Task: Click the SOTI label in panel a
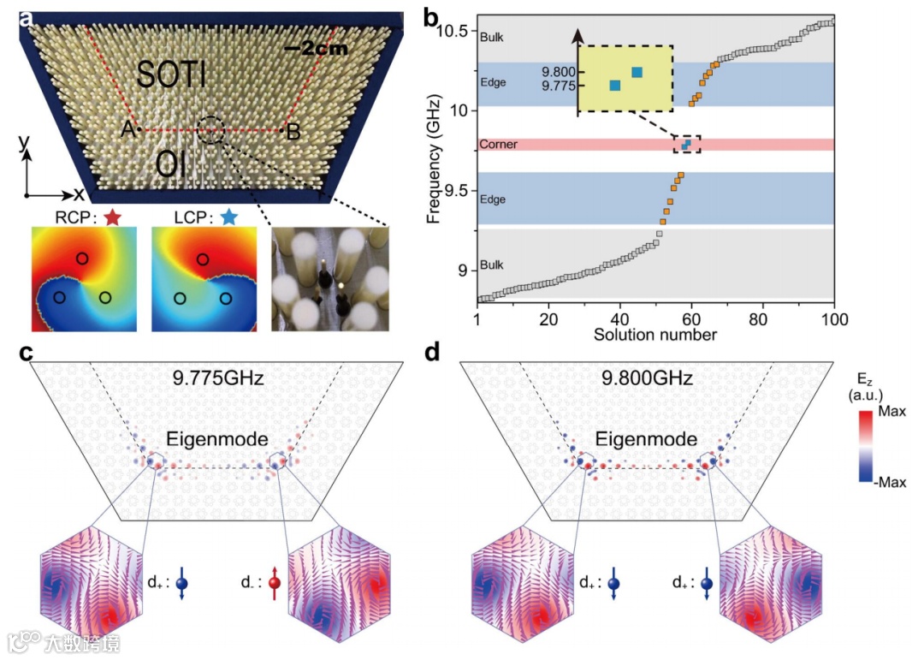171,76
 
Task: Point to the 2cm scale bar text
316,49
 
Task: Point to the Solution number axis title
655,334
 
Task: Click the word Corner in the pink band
499,145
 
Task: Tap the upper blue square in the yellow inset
637,73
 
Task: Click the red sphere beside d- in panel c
276,584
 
